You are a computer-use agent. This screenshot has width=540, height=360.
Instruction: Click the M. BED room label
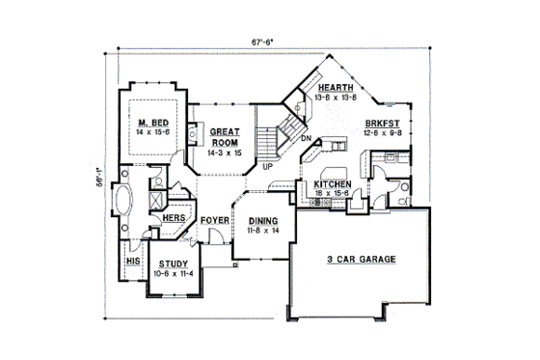coord(154,122)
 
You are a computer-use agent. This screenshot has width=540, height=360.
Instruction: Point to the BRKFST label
coord(383,123)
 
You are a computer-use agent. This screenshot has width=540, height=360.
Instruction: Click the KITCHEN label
coord(332,183)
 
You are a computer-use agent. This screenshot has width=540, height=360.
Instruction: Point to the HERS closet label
coord(174,219)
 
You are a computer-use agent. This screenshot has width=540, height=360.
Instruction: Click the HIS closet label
coord(133,261)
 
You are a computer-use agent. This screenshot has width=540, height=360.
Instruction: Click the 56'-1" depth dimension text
coord(99,183)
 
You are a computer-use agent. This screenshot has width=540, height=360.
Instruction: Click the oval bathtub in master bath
coord(123,204)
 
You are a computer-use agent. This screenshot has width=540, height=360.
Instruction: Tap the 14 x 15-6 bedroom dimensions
coord(154,131)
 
